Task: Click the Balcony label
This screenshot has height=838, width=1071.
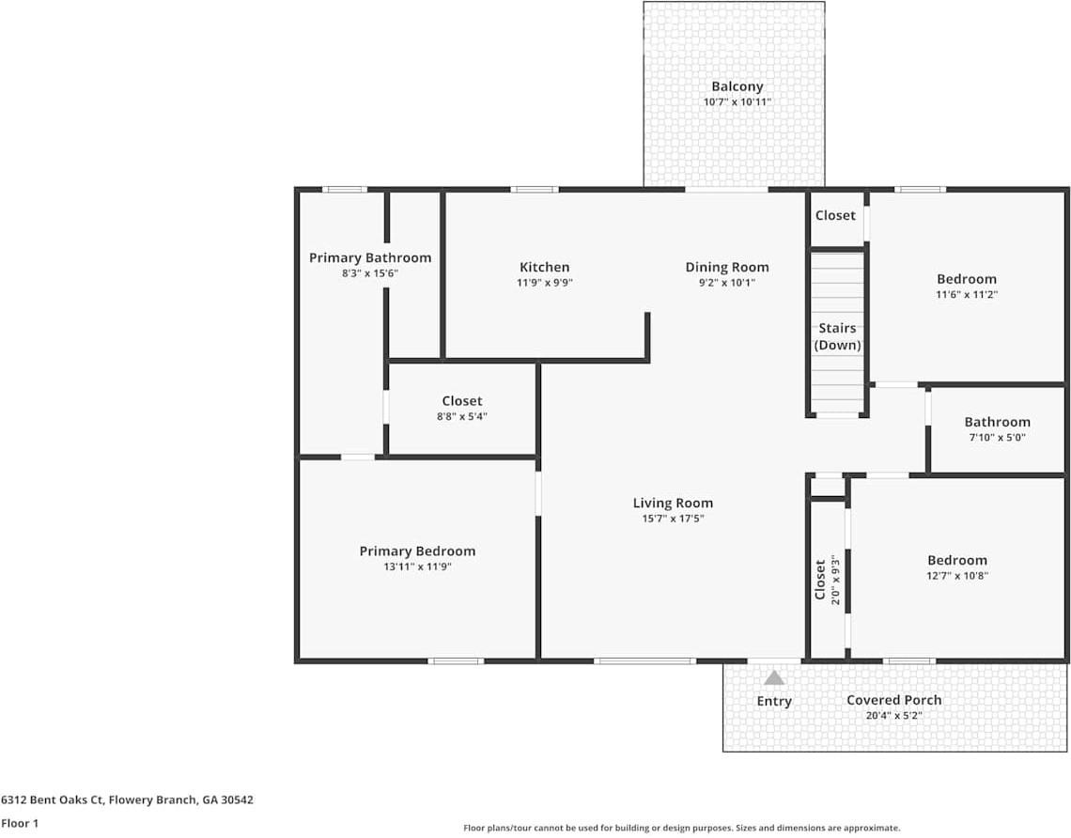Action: [737, 86]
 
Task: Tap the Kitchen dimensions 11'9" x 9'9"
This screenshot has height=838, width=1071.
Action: [544, 282]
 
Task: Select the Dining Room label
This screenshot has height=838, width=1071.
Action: [726, 267]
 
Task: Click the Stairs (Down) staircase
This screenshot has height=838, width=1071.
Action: [837, 334]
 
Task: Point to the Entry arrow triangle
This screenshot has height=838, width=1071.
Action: [773, 677]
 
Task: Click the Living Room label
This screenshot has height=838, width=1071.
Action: [672, 503]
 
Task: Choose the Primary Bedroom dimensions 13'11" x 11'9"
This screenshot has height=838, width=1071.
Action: [417, 566]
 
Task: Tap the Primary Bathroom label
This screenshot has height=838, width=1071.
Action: [370, 257]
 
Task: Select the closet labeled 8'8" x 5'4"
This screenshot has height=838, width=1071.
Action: [461, 408]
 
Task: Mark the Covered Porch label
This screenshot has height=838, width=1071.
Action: [893, 700]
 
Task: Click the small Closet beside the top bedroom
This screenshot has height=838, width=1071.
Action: [835, 216]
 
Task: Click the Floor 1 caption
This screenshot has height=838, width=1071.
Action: [20, 823]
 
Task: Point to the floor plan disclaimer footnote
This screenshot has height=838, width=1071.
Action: [681, 828]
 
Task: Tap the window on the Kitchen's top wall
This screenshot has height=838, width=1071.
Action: [534, 190]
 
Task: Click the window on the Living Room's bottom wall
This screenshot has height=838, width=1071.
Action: [644, 660]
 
